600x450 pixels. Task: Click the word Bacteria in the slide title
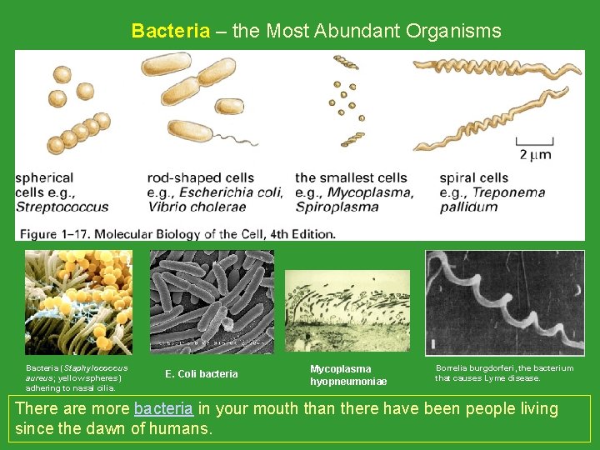pos(171,32)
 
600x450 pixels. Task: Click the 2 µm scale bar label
pos(534,154)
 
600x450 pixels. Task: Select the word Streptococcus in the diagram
pos(62,207)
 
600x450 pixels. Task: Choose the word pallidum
pos(469,207)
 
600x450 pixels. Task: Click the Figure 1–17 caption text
pos(177,233)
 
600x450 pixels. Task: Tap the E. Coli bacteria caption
pos(201,374)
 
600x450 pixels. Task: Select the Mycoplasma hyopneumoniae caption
pos(347,375)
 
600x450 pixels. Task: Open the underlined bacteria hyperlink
pos(163,408)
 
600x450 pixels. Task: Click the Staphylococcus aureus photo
pos(77,302)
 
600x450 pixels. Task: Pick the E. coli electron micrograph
pos(211,302)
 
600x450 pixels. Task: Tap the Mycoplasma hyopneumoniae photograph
pos(347,310)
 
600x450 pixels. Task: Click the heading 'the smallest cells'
pos(351,177)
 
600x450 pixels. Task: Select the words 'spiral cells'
pos(473,177)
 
